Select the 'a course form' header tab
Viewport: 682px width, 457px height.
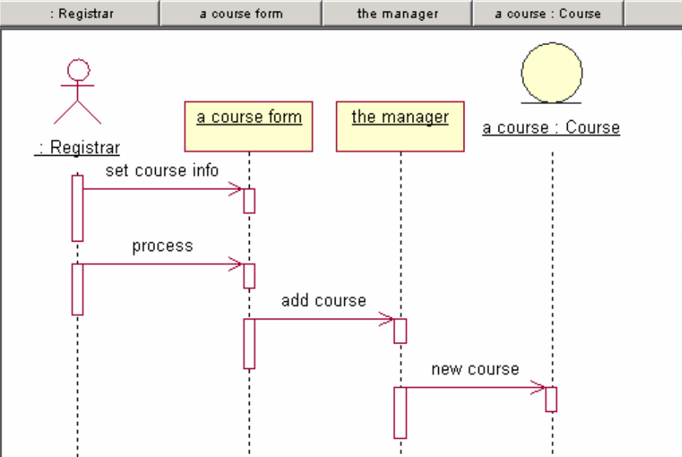pyautogui.click(x=241, y=13)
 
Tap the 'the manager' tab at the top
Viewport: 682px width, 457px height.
pyautogui.click(x=397, y=13)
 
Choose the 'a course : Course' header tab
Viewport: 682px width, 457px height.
pyautogui.click(x=547, y=13)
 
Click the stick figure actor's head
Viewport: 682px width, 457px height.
pyautogui.click(x=78, y=71)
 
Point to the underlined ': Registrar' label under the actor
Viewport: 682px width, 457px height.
pyautogui.click(x=78, y=148)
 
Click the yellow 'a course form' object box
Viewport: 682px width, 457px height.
pyautogui.click(x=249, y=126)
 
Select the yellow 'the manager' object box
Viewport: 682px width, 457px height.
pyautogui.click(x=400, y=126)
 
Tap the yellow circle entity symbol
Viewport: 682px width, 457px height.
pyautogui.click(x=552, y=72)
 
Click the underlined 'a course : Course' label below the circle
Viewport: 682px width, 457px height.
pyautogui.click(x=551, y=128)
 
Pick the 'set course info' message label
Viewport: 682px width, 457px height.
pyautogui.click(x=162, y=170)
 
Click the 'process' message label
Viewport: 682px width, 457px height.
pyautogui.click(x=162, y=246)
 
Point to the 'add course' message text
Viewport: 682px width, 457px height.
pyautogui.click(x=323, y=301)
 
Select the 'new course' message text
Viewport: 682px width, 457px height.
pyautogui.click(x=475, y=369)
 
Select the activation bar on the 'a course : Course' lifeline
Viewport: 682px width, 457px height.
pyautogui.click(x=551, y=400)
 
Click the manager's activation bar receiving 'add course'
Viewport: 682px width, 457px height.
pyautogui.click(x=400, y=330)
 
